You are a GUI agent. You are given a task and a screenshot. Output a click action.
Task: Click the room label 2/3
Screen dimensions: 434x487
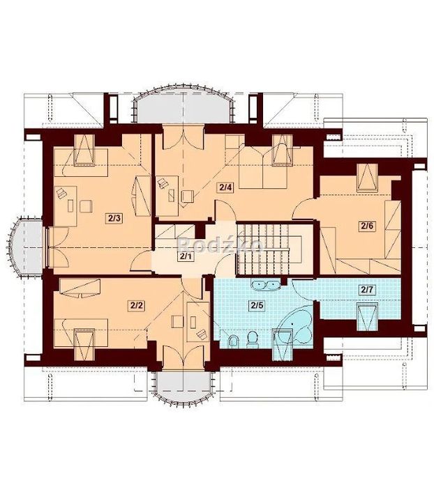(114, 218)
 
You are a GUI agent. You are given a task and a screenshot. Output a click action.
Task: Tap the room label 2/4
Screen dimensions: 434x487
(226, 187)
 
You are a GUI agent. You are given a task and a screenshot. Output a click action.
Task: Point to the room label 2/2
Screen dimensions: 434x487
(136, 305)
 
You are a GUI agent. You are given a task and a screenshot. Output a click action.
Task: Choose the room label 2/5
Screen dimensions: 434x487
(257, 305)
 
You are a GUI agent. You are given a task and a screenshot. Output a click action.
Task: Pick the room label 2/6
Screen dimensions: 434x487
(366, 226)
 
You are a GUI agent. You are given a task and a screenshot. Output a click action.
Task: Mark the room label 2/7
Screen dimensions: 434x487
(366, 290)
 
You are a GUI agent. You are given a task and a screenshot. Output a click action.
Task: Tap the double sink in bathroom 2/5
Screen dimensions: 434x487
(264, 284)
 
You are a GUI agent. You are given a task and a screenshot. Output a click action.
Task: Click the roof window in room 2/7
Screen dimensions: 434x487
(367, 317)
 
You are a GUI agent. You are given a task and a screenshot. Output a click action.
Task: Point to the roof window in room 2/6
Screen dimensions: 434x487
(367, 178)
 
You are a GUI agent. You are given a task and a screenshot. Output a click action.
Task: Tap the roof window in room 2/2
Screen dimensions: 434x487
(84, 344)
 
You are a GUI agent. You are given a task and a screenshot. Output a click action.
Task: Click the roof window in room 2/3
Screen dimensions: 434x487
(84, 150)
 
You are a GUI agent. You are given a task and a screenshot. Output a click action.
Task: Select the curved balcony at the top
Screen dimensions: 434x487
(184, 105)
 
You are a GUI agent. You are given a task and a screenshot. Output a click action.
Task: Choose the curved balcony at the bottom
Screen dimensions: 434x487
(184, 387)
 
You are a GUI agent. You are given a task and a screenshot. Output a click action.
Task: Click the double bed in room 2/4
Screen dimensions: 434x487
(263, 167)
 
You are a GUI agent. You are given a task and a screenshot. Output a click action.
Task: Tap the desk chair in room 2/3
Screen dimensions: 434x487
(86, 206)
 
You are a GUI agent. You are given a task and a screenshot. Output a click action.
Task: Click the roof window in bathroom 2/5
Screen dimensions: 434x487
(283, 345)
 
